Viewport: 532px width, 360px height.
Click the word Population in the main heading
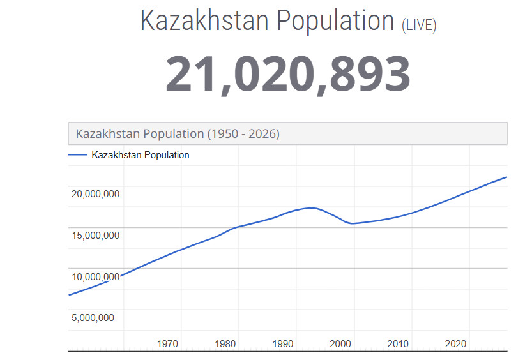tap(335, 20)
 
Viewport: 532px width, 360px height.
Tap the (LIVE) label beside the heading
tap(419, 25)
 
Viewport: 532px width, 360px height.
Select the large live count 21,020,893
tap(287, 74)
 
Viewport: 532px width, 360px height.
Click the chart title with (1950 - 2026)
tap(178, 134)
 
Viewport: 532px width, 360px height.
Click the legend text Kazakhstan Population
tap(141, 155)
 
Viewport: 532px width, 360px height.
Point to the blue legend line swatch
tap(78, 155)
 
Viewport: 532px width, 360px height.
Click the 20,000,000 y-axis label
tap(95, 194)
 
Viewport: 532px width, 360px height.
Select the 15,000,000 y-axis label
tap(95, 236)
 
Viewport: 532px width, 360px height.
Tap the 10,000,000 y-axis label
tap(95, 277)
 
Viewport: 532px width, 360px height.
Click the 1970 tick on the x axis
tap(167, 344)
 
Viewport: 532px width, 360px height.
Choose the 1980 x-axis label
tap(225, 344)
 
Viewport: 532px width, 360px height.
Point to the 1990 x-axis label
tap(283, 344)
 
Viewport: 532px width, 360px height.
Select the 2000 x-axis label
tap(340, 344)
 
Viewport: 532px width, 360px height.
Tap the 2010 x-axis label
tap(398, 344)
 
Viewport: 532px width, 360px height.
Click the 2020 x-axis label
tap(455, 344)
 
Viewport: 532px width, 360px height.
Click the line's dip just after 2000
tap(352, 223)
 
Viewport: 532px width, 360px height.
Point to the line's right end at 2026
tap(506, 177)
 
